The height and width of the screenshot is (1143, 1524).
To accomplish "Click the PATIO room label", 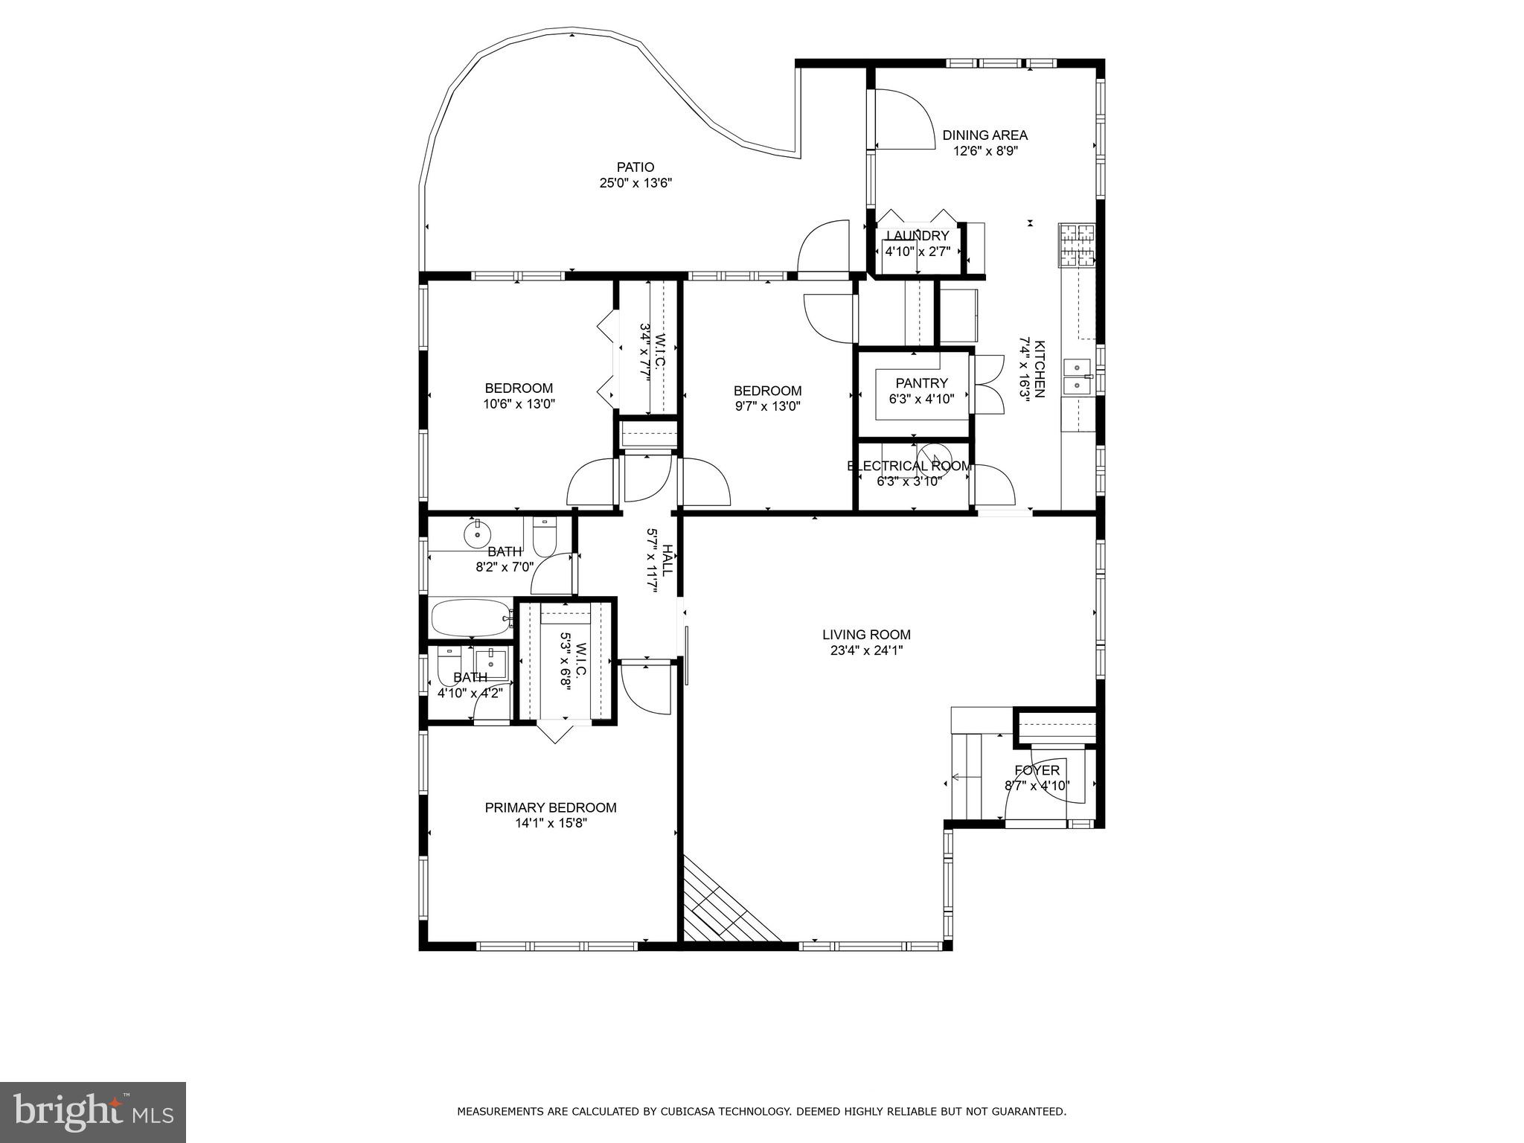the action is [x=635, y=167].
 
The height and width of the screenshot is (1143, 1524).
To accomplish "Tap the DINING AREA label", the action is [x=985, y=135].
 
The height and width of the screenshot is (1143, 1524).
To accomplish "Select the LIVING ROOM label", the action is [x=866, y=635].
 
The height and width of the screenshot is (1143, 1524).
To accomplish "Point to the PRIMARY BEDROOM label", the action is [x=551, y=807].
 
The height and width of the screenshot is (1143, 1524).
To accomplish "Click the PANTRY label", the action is [x=922, y=383].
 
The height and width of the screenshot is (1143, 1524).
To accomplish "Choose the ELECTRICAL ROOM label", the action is [x=909, y=466].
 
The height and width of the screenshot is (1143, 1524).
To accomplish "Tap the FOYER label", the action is [x=1037, y=770].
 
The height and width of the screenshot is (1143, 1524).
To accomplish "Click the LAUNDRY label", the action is [x=918, y=236].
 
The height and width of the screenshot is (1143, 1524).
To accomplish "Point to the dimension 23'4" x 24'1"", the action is [x=867, y=650].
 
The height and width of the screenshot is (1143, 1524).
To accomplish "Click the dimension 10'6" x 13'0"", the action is [x=519, y=404].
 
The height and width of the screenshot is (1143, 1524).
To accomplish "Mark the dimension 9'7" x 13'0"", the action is [x=768, y=406].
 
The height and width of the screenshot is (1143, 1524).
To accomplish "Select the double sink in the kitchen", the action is [x=1077, y=377].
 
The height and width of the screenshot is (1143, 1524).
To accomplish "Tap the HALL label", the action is [x=667, y=560].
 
